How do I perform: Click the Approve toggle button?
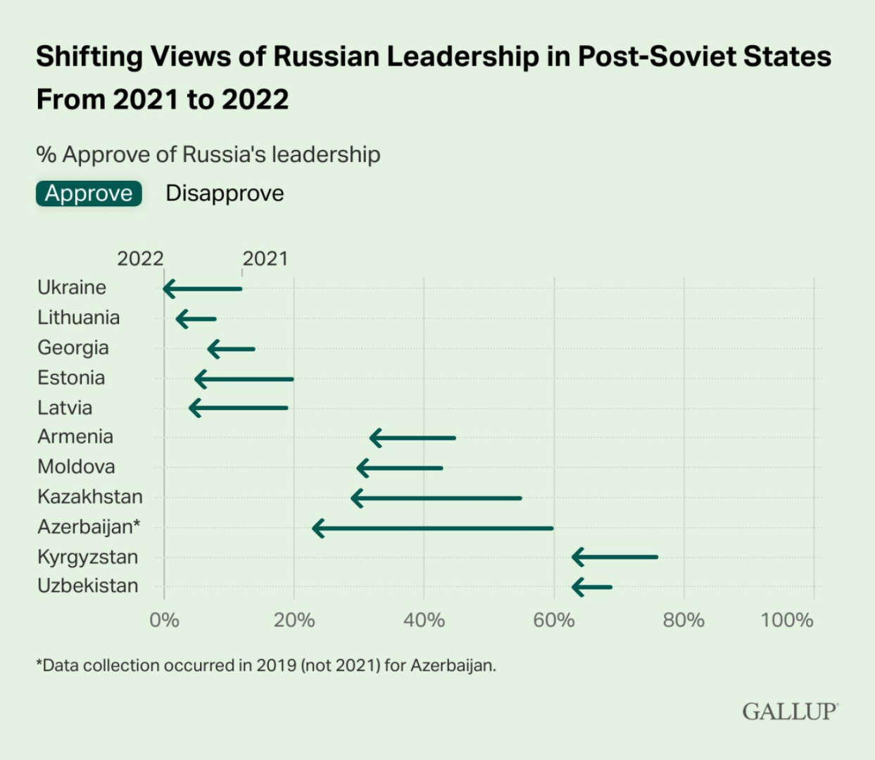tap(89, 194)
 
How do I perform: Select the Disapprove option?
tap(225, 194)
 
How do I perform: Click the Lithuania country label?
tap(78, 317)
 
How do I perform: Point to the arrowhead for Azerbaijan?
tap(318, 528)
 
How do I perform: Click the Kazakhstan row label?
tap(90, 497)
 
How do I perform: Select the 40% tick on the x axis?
tap(424, 620)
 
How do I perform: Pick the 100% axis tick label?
tap(787, 620)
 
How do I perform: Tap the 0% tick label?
tap(164, 620)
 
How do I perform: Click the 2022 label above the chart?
tap(140, 258)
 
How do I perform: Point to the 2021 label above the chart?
tap(265, 258)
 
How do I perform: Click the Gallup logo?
tap(790, 711)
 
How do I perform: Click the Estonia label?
tap(71, 378)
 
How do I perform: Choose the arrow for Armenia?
tap(413, 438)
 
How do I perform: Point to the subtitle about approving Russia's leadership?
tap(208, 154)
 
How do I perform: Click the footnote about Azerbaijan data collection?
tap(266, 665)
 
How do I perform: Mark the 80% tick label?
tap(684, 620)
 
